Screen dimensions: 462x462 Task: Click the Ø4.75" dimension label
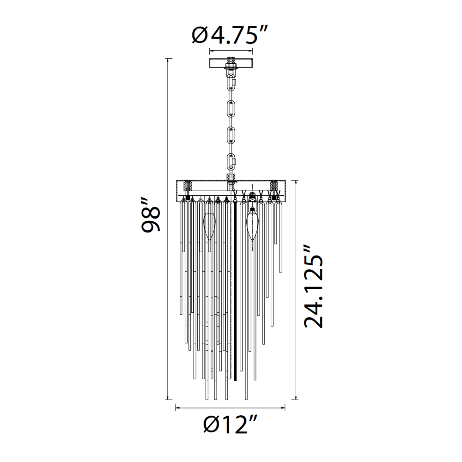pyautogui.click(x=230, y=35)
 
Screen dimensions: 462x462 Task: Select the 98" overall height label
pyautogui.click(x=151, y=215)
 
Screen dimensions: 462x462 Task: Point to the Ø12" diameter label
pyautogui.click(x=231, y=424)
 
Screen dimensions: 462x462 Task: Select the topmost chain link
pyautogui.click(x=231, y=84)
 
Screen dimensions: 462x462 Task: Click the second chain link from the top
pyautogui.click(x=231, y=110)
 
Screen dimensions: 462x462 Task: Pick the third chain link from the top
pyautogui.click(x=231, y=137)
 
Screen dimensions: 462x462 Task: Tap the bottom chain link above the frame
pyautogui.click(x=231, y=162)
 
